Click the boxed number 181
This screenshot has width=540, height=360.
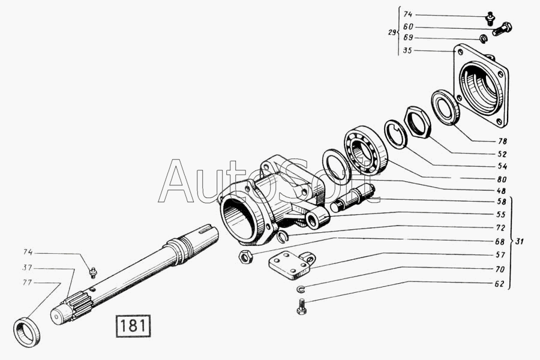pos(133,326)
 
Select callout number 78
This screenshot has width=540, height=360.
pos(502,141)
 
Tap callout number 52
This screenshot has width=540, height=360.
pos(502,154)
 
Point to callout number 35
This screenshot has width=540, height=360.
pos(407,50)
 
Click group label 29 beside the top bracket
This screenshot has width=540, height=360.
pos(392,33)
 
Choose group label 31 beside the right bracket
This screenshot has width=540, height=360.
pos(519,241)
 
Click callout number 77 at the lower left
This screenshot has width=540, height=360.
pos(28,283)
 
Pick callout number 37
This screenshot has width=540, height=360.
pos(28,268)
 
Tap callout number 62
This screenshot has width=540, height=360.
pos(499,284)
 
